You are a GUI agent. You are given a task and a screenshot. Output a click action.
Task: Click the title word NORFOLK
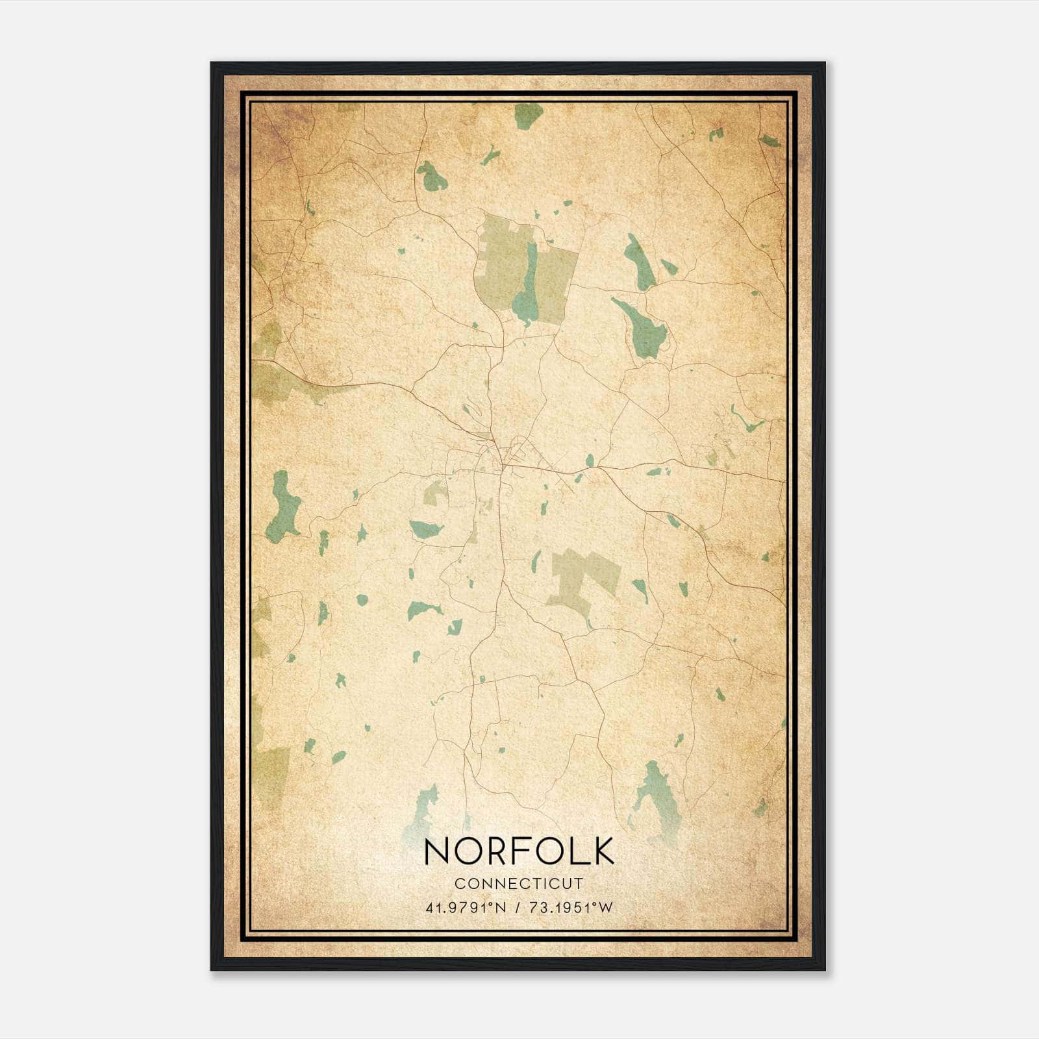click(x=519, y=851)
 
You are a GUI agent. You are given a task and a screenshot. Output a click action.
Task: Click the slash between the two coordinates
click(x=517, y=908)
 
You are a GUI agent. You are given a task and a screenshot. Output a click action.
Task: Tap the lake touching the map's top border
click(x=529, y=116)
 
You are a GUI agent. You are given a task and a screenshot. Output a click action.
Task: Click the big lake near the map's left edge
click(x=283, y=507)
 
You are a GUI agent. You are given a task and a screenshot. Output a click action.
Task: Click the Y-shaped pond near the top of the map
click(x=490, y=156)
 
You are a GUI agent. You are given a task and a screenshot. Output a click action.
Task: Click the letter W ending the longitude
click(x=606, y=908)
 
